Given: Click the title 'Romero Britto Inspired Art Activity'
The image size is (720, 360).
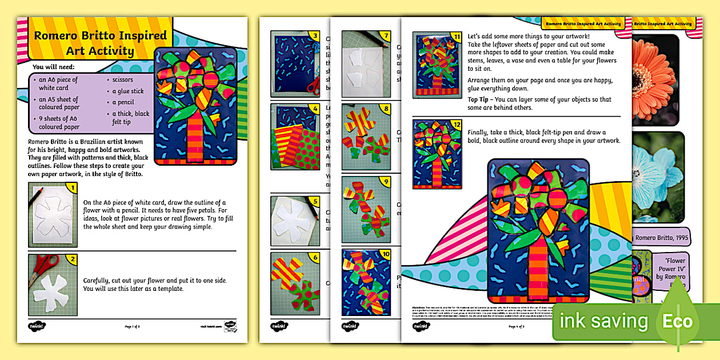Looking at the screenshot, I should (x=100, y=43).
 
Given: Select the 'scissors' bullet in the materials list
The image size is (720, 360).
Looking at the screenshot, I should (x=122, y=80).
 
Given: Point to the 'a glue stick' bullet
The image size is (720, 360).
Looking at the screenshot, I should (x=128, y=91).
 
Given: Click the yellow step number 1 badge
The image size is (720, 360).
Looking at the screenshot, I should (x=72, y=187).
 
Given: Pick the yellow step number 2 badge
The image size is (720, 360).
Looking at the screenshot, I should (x=72, y=259).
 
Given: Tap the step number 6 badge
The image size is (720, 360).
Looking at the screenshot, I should (x=314, y=258).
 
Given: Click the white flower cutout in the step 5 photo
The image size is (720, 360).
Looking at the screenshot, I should (x=291, y=218).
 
